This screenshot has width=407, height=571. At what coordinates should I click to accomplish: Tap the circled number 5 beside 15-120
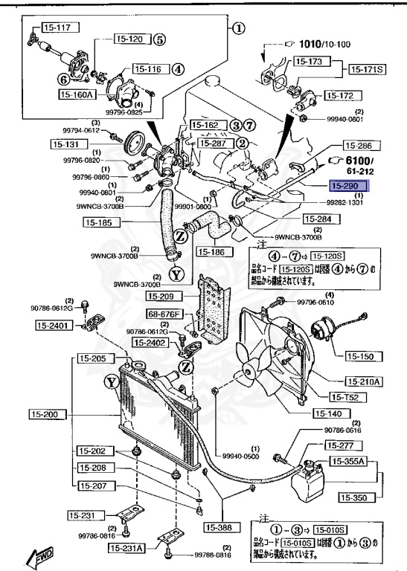click(160, 39)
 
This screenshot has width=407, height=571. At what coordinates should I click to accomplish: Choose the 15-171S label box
click(370, 68)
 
